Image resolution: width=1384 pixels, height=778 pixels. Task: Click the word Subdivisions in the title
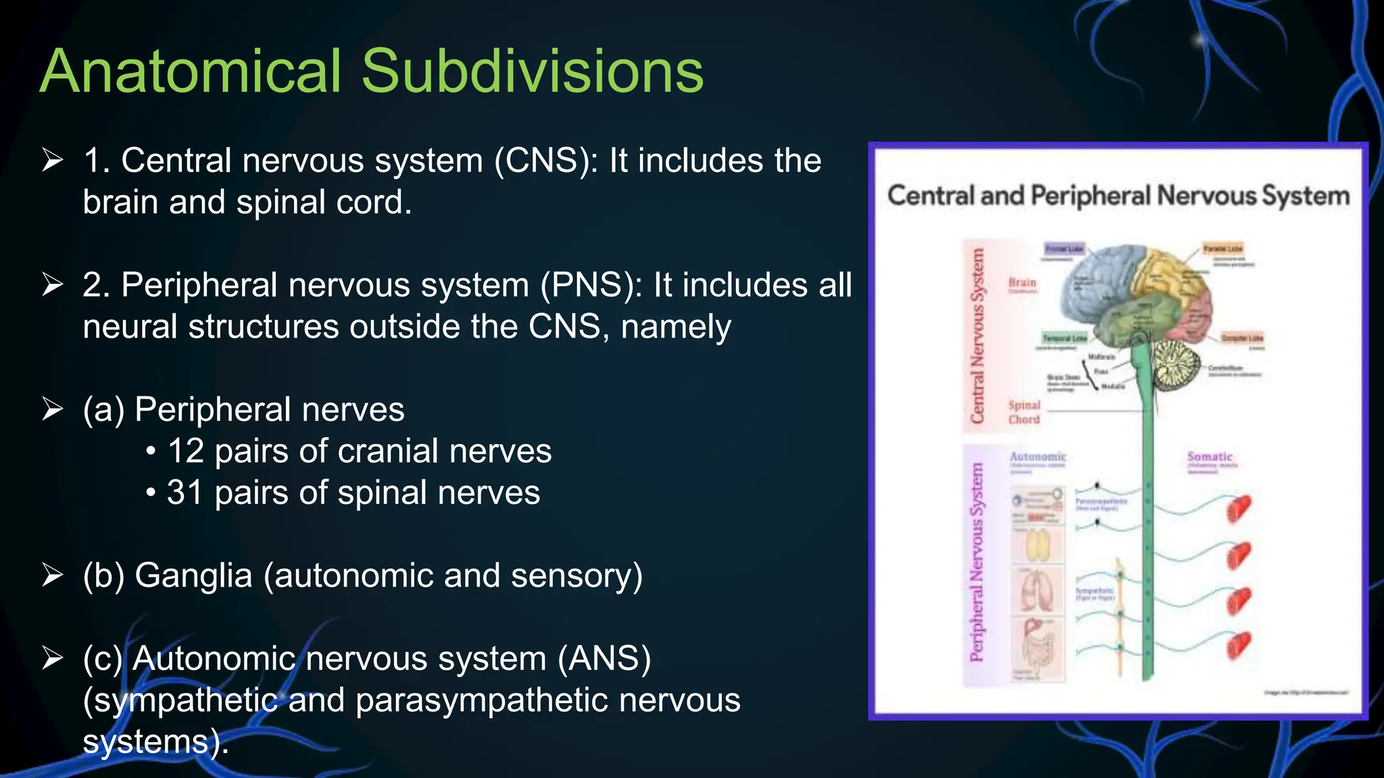(x=533, y=72)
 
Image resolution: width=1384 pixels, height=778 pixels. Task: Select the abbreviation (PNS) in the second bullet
(x=591, y=285)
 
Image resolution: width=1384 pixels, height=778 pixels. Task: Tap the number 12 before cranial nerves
(x=186, y=451)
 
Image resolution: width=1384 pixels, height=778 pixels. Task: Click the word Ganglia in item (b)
(x=193, y=576)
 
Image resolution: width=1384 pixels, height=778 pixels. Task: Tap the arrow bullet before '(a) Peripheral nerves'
(x=52, y=409)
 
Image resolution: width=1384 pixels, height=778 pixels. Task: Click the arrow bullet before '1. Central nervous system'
(x=52, y=161)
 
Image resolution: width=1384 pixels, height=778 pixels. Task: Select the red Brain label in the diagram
(x=1022, y=282)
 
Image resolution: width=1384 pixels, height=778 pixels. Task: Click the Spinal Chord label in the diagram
(x=1024, y=412)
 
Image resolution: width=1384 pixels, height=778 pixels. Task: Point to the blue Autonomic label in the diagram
(x=1037, y=457)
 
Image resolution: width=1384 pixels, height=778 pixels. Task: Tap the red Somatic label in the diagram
(x=1210, y=457)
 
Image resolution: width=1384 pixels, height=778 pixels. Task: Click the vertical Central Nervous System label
(x=977, y=336)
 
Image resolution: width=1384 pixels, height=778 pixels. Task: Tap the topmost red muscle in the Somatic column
(x=1239, y=509)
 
